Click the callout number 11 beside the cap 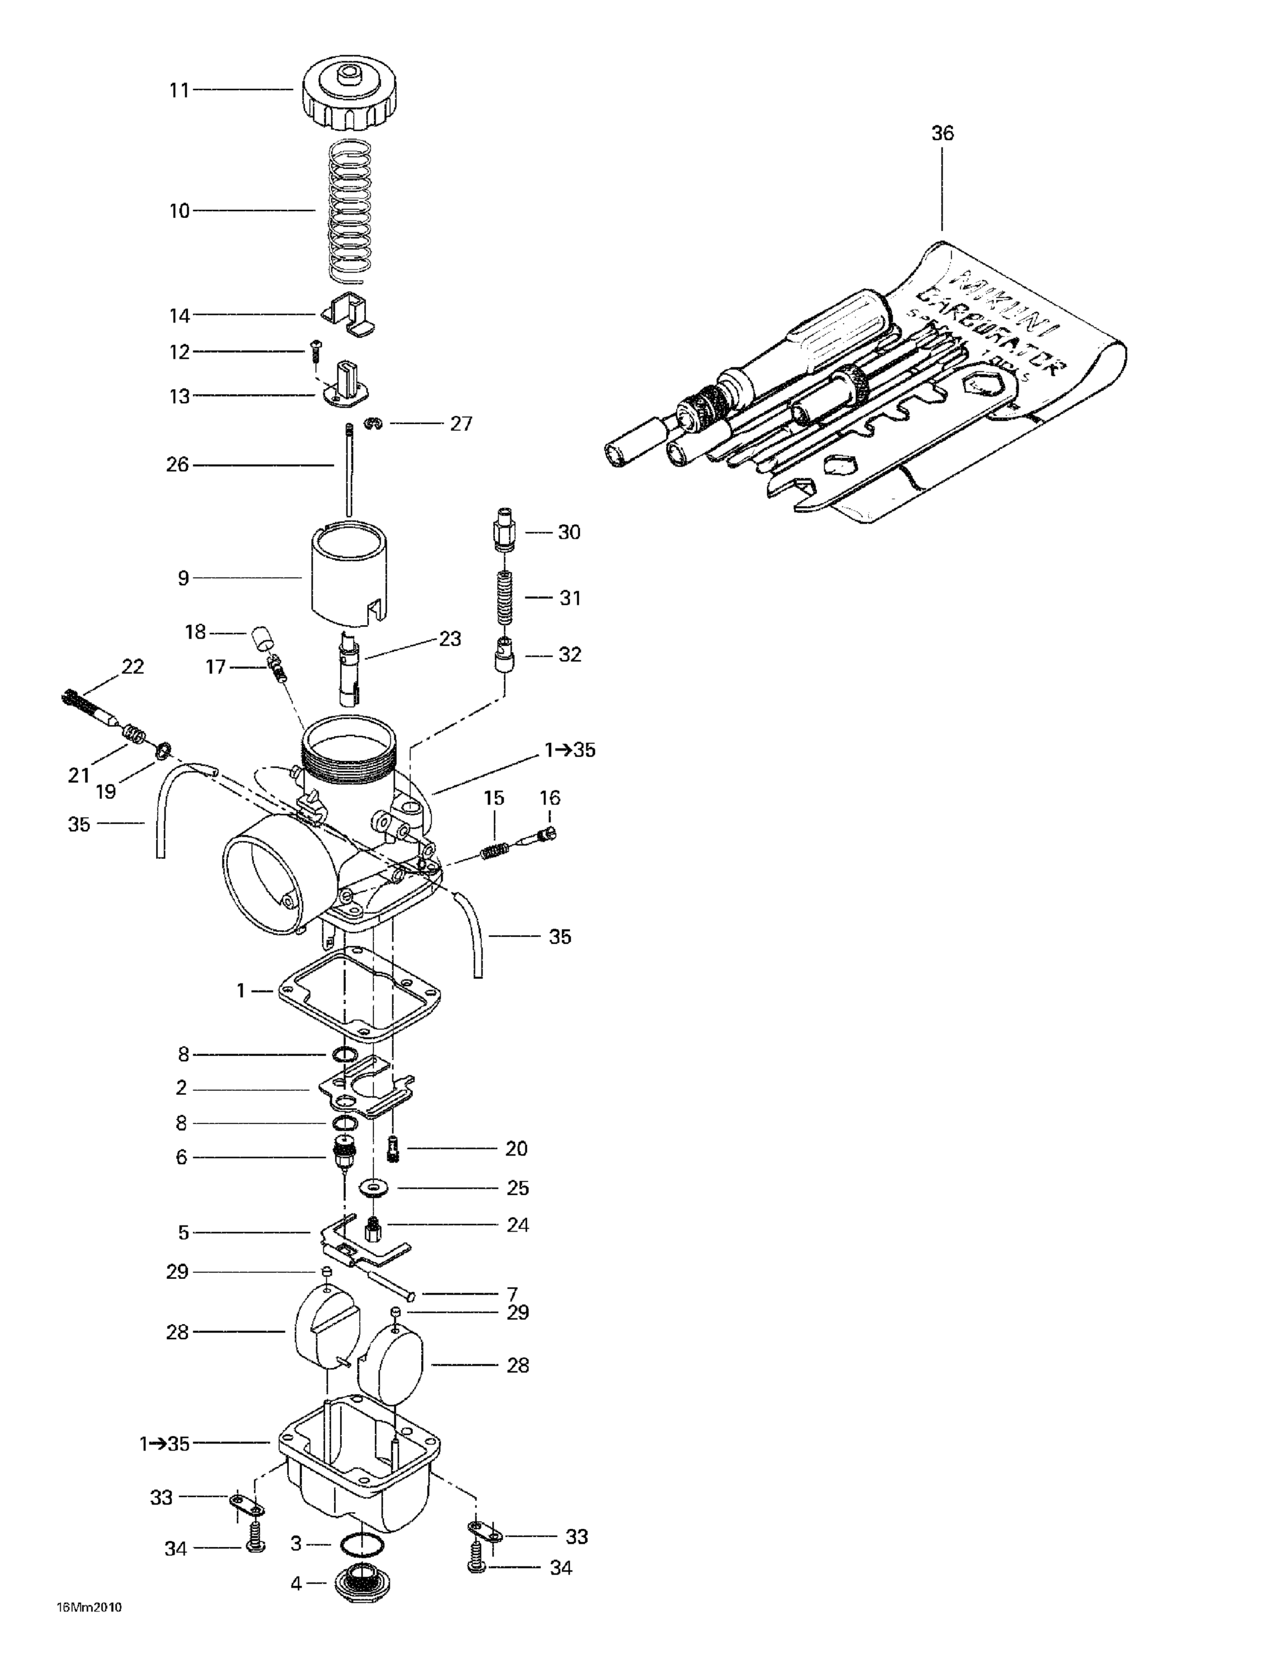click(x=179, y=90)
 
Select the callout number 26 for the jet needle click(x=177, y=465)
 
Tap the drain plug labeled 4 click(x=359, y=1583)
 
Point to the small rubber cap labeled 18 click(x=263, y=635)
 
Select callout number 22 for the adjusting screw click(x=132, y=667)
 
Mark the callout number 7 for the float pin click(x=513, y=1294)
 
